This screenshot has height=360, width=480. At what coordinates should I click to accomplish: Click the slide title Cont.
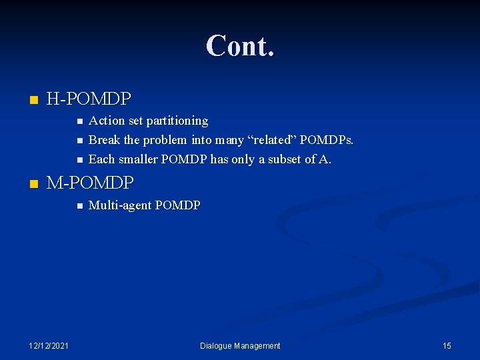click(240, 46)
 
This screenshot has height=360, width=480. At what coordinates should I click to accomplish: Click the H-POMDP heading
click(89, 100)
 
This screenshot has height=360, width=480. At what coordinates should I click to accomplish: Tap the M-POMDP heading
click(90, 182)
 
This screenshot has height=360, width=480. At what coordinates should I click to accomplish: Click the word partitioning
click(177, 121)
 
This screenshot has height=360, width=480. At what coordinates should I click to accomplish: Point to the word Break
click(104, 140)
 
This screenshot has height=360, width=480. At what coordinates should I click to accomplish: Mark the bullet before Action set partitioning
click(79, 121)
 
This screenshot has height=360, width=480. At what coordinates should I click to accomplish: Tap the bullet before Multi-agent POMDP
click(79, 206)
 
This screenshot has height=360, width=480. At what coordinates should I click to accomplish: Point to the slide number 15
click(447, 345)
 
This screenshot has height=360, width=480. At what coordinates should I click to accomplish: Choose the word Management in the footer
click(257, 345)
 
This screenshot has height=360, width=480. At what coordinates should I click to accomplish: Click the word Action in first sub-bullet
click(106, 121)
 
